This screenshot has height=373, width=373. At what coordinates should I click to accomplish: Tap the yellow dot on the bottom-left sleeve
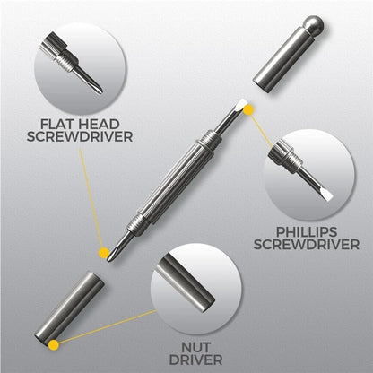tap(55, 343)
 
